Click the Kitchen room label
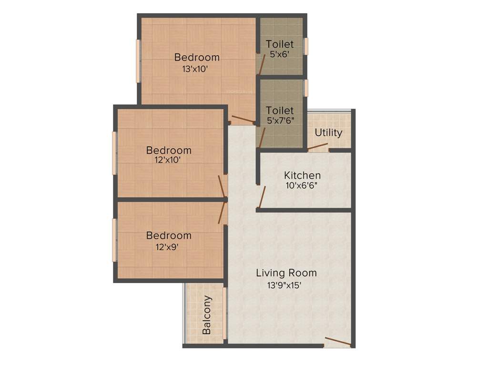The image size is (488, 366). pyautogui.click(x=302, y=175)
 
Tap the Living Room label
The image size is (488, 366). pyautogui.click(x=286, y=273)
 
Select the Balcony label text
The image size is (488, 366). pyautogui.click(x=207, y=315)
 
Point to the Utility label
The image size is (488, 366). pyautogui.click(x=328, y=132)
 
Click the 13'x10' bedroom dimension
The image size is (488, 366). pyautogui.click(x=195, y=69)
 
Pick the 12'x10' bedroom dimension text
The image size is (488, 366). pyautogui.click(x=167, y=160)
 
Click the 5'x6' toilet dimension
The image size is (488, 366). pyautogui.click(x=280, y=54)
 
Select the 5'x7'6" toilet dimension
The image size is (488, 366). pyautogui.click(x=280, y=121)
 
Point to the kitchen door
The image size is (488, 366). pyautogui.click(x=261, y=197)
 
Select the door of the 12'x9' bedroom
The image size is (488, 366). pyautogui.click(x=222, y=213)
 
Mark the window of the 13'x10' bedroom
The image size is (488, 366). pyautogui.click(x=139, y=61)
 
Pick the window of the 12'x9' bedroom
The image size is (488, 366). pyautogui.click(x=114, y=240)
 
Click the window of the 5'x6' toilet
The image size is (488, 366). pyautogui.click(x=306, y=46)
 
